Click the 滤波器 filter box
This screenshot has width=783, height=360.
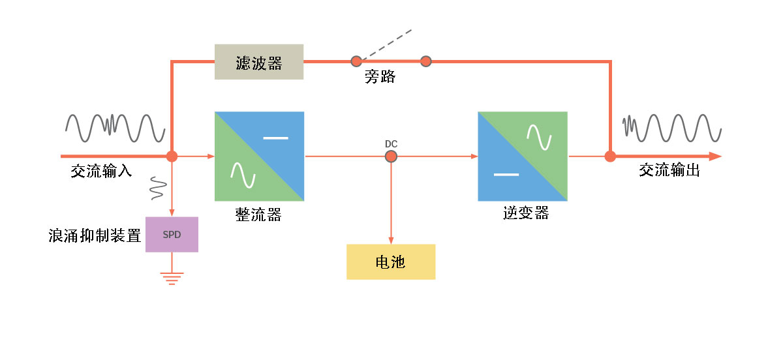point(259,62)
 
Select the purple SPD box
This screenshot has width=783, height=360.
point(172,235)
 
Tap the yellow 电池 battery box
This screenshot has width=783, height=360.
point(391,262)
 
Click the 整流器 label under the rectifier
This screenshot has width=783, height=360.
point(258,215)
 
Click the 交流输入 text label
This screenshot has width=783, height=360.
point(102,172)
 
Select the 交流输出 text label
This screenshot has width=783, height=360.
point(669,171)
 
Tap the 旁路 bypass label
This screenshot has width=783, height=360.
point(380,77)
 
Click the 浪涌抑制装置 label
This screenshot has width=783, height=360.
point(95,235)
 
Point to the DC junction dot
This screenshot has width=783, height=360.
point(391,157)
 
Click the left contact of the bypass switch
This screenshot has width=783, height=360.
point(356,61)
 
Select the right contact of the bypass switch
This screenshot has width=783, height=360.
point(426,61)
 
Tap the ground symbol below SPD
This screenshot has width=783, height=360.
point(172,278)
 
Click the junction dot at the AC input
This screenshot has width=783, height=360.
point(172,157)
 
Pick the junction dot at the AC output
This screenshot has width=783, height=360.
point(610,157)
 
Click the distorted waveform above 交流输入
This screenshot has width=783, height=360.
point(115,128)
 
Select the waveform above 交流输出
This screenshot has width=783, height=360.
point(672,127)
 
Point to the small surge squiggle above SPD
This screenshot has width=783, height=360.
point(157,188)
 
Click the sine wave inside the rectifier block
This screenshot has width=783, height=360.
point(239,174)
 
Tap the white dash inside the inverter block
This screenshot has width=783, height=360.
point(506,175)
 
